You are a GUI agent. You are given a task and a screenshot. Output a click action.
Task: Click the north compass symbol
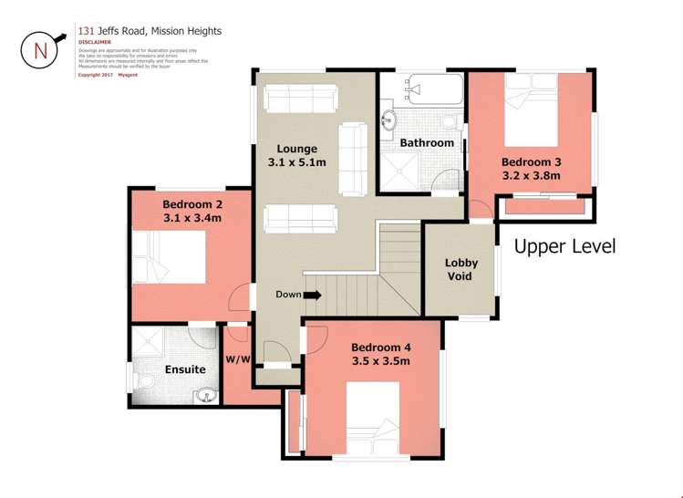click(x=40, y=49)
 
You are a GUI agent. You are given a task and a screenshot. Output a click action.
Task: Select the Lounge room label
click(x=297, y=149)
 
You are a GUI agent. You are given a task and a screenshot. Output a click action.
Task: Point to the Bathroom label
click(x=427, y=143)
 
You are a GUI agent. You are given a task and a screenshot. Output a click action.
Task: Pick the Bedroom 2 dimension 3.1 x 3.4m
click(x=191, y=218)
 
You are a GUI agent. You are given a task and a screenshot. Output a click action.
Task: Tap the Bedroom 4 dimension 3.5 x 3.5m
click(x=381, y=361)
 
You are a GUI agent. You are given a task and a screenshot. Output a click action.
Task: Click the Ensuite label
click(x=184, y=369)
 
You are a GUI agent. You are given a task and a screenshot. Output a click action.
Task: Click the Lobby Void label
click(x=461, y=269)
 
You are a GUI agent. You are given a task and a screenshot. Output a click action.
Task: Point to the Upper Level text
click(x=565, y=246)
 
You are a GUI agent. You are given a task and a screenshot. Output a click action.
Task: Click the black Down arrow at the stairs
click(x=312, y=295)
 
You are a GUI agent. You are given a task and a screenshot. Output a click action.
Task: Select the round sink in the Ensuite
click(x=206, y=395)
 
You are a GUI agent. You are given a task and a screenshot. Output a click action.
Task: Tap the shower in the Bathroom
click(x=403, y=173)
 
